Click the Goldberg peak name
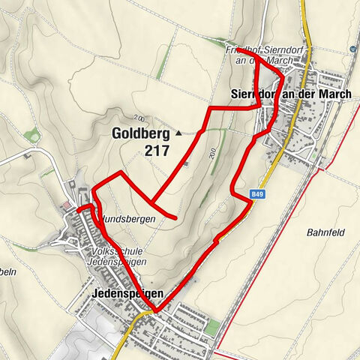click(142, 133)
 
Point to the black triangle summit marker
click(178, 133)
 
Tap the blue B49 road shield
click(258, 195)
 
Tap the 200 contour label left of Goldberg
click(139, 118)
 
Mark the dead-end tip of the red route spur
click(175, 219)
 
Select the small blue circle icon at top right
click(352, 50)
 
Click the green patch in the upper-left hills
click(31, 136)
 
